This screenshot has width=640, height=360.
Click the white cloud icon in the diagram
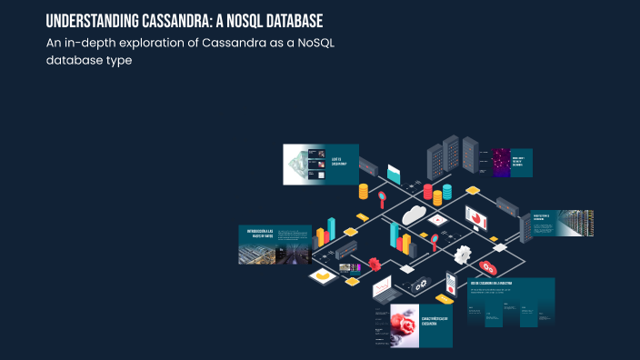click(x=415, y=215)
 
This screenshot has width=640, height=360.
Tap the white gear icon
click(x=463, y=254)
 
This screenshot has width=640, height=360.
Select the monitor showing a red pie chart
click(x=476, y=217)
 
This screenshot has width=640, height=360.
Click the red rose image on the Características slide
click(x=404, y=325)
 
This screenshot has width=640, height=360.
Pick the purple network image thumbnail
click(x=500, y=162)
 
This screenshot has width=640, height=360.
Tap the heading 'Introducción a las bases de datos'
click(x=260, y=232)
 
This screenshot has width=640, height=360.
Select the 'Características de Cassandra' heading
click(x=435, y=322)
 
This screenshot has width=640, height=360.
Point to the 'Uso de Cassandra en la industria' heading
click(x=498, y=284)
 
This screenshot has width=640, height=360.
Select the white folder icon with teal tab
click(x=394, y=172)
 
